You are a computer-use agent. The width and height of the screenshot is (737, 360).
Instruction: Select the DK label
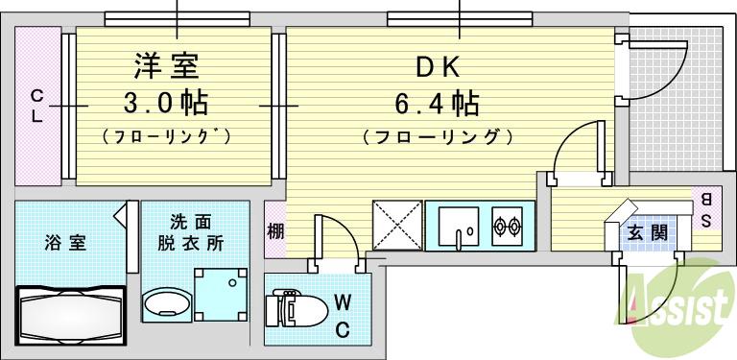pos(438,68)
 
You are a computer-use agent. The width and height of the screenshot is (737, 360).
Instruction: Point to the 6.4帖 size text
pos(439,101)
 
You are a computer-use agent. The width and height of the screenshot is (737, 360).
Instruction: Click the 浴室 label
pos(64,242)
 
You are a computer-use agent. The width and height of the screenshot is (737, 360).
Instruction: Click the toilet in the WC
pos(294,310)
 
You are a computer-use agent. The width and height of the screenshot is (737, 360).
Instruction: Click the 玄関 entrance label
pos(641,233)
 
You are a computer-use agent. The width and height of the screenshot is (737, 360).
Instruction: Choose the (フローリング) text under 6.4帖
pos(438,137)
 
